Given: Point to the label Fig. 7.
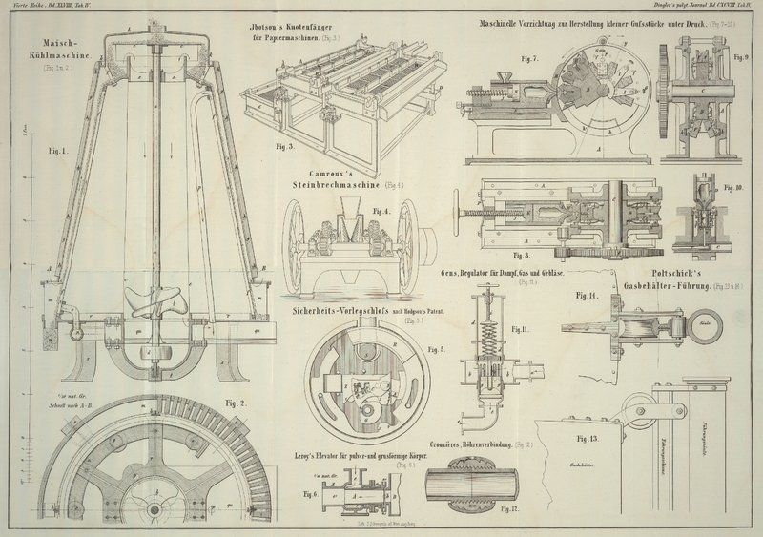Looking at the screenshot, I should pyautogui.click(x=530, y=58).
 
